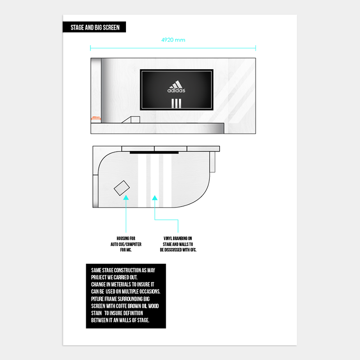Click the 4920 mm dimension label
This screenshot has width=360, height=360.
pyautogui.click(x=173, y=40)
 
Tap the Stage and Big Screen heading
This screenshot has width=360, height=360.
pyautogui.click(x=95, y=27)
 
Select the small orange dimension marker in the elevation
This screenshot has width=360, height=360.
pyautogui.click(x=96, y=117)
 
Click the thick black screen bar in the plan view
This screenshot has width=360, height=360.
pyautogui.click(x=154, y=153)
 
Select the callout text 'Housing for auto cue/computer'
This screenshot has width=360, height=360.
pyautogui.click(x=126, y=243)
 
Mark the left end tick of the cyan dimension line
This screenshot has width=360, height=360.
pyautogui.click(x=90, y=48)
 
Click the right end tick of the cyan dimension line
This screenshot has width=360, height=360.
pyautogui.click(x=255, y=48)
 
